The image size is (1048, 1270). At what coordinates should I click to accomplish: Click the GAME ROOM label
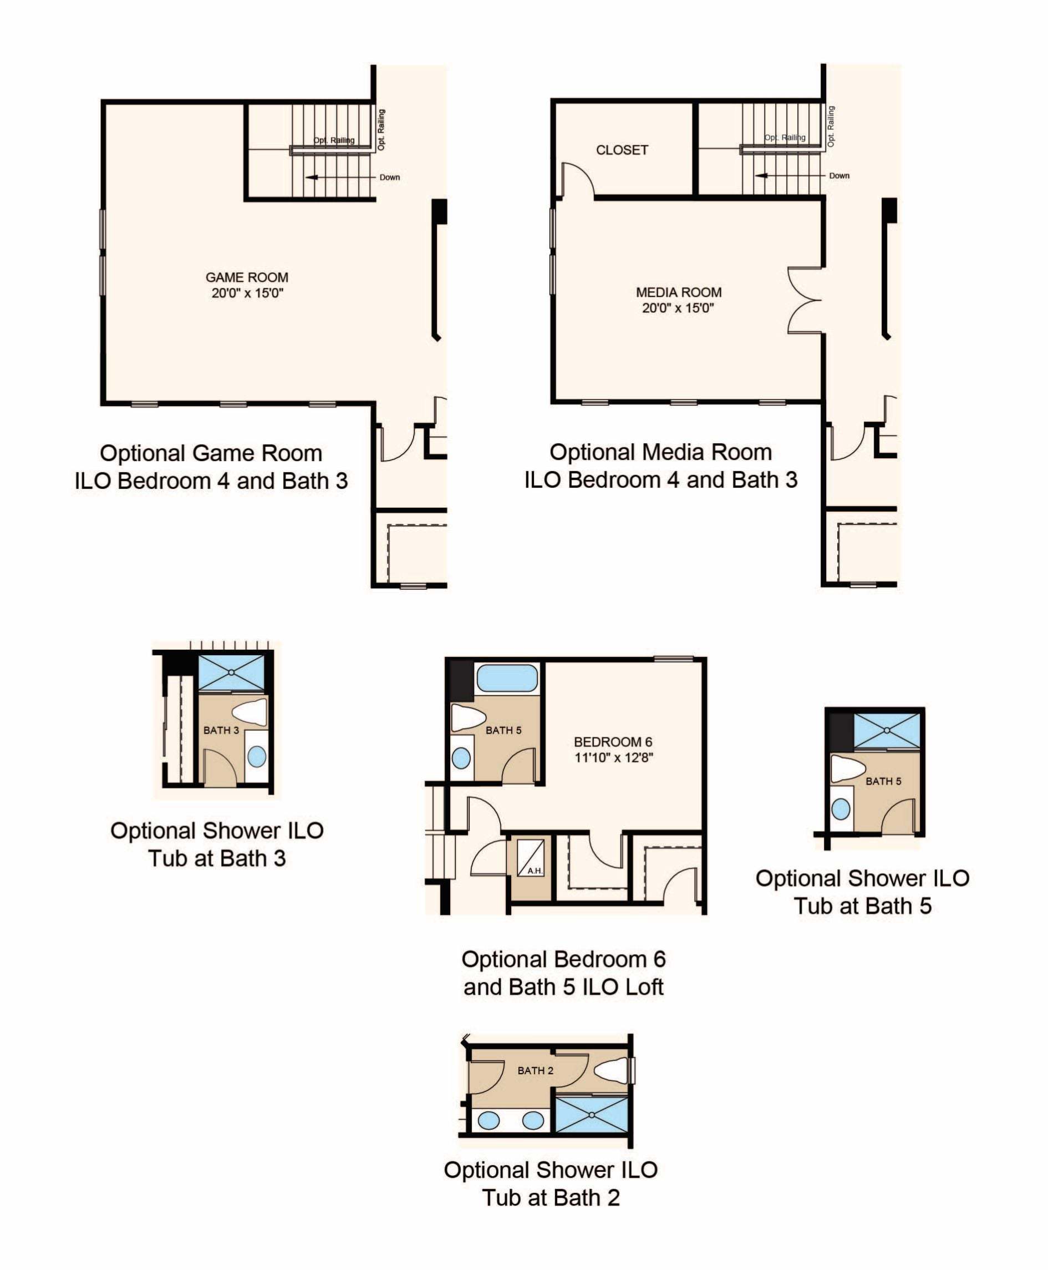247,277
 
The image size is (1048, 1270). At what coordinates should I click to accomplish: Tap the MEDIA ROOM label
679,292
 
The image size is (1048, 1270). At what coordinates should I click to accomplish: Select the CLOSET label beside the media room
622,150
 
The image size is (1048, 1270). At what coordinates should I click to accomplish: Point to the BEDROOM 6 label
613,742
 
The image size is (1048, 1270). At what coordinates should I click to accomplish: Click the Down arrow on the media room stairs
791,176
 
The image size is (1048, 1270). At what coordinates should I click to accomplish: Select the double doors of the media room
805,300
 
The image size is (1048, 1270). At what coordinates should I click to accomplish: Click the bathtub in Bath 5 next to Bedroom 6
507,678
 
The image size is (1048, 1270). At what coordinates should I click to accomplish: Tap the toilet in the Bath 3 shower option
250,712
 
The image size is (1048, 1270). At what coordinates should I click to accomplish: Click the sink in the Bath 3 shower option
257,756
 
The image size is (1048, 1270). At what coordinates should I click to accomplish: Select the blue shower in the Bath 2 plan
592,1114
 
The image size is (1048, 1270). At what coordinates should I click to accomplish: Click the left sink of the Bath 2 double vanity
489,1121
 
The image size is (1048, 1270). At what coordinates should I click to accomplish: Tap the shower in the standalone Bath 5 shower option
887,731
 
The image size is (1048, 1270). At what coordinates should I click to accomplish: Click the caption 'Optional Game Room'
211,453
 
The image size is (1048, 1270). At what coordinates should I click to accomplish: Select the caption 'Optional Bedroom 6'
563,959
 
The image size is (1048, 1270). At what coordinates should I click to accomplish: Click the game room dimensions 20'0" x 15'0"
247,294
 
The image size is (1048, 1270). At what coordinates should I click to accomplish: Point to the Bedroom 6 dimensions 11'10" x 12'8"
613,757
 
